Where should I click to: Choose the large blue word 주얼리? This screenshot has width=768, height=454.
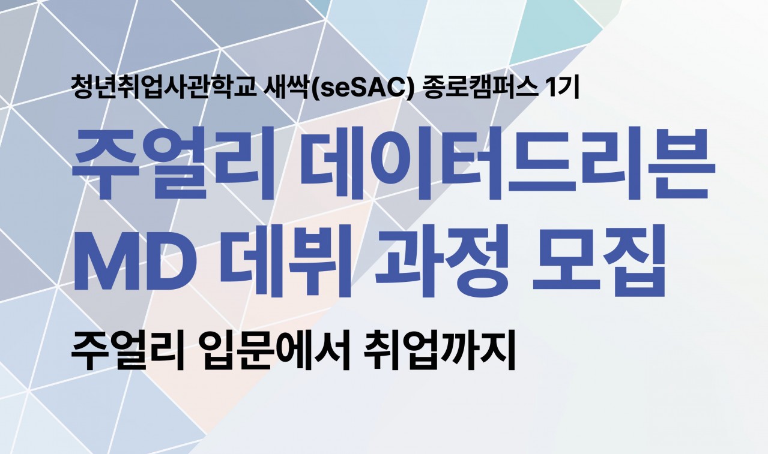pos(174,163)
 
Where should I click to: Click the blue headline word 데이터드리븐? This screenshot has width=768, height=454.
pos(507,163)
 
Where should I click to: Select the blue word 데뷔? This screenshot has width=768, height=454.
pos(285,261)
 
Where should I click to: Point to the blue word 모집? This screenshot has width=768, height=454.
pos(598,261)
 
